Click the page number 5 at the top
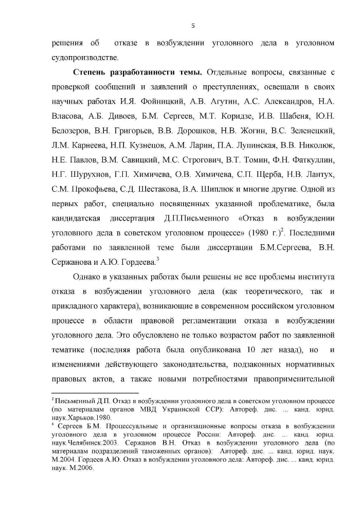click(x=193, y=26)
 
